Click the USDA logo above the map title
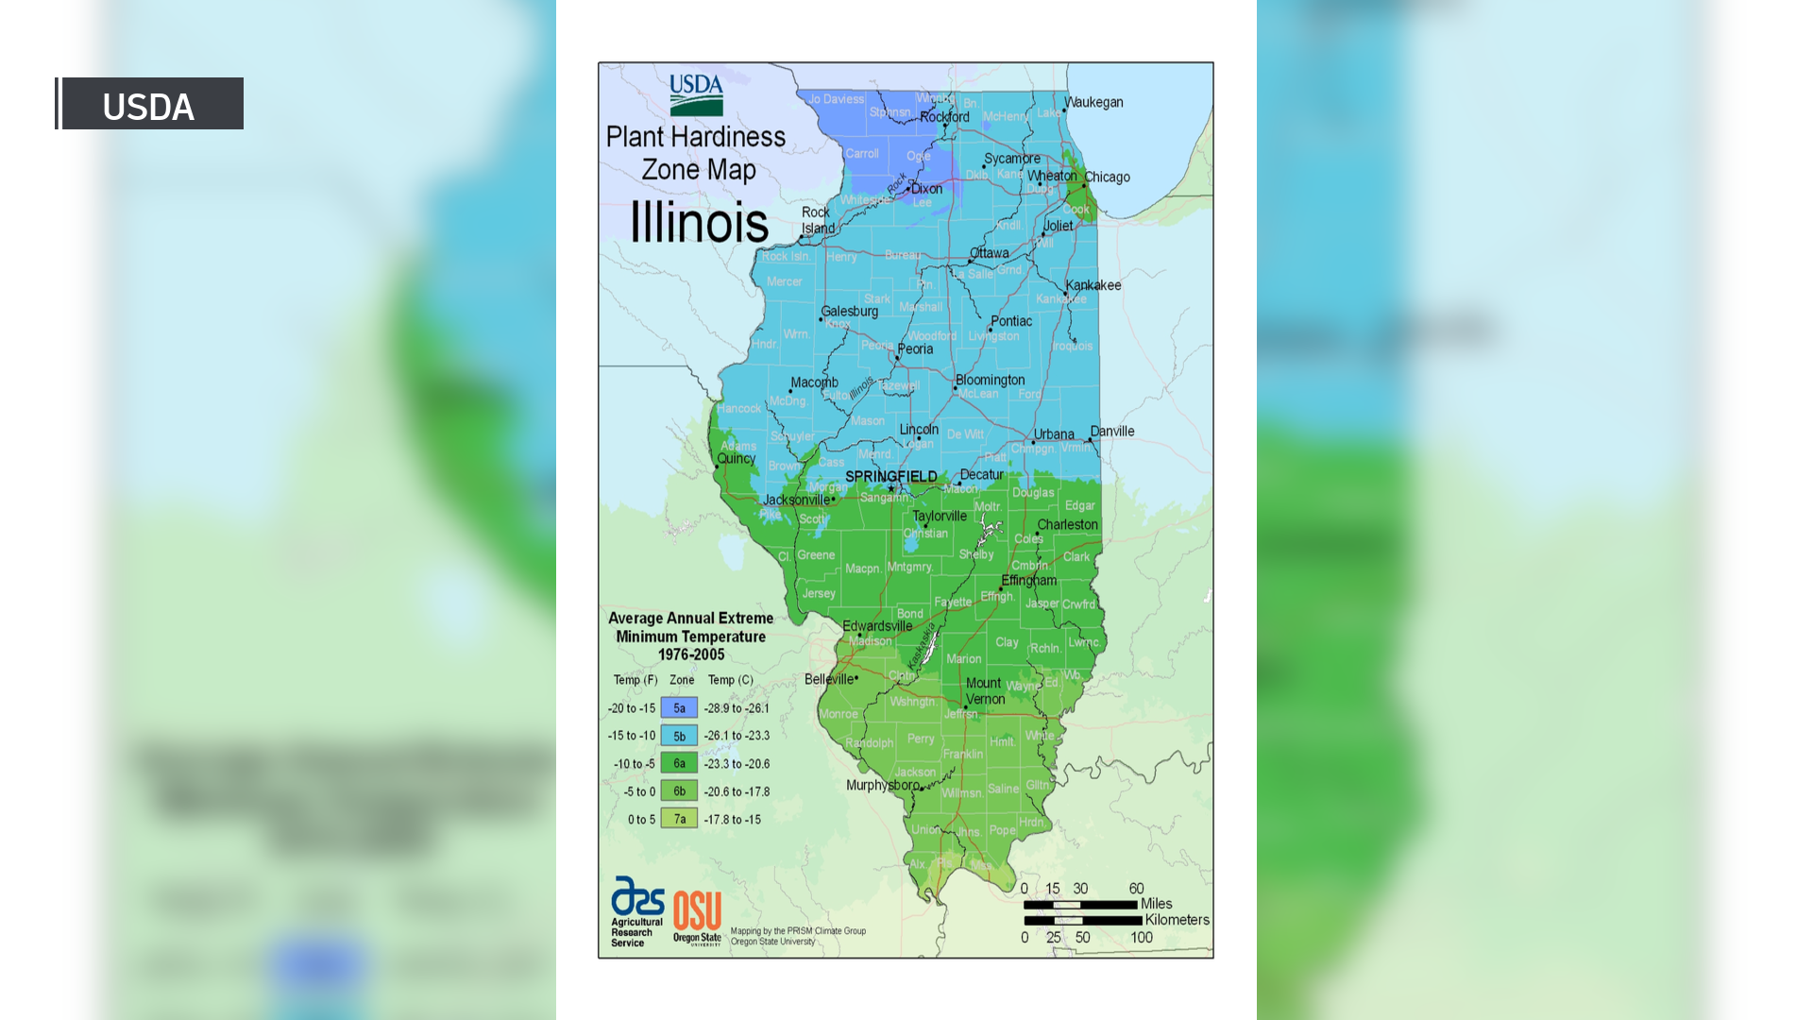tap(696, 94)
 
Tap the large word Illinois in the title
tap(699, 223)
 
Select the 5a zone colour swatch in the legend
tap(679, 707)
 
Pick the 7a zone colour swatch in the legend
tap(679, 819)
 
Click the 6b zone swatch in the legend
tap(679, 791)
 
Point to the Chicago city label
tap(1107, 178)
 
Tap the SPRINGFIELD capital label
tap(890, 476)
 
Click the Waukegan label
tap(1093, 102)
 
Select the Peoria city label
tap(915, 348)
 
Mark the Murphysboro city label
tap(882, 785)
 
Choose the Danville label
tap(1112, 432)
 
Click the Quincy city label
tap(736, 458)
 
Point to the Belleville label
tap(828, 679)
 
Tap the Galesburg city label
tap(849, 311)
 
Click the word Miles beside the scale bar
tap(1156, 904)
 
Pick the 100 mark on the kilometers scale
tap(1142, 938)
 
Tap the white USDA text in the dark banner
tap(148, 107)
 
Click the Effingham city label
tap(1028, 580)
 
